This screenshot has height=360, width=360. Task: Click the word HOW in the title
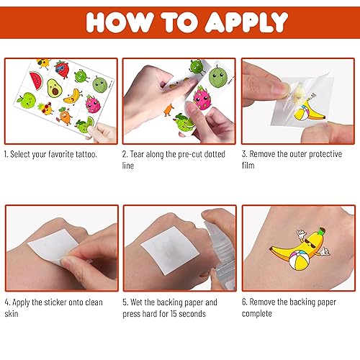point(118,22)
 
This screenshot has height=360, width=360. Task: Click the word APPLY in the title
point(246,22)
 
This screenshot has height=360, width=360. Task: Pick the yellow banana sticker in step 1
point(71,95)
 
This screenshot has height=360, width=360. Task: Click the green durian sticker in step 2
point(220,76)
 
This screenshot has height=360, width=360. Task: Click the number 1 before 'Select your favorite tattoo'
point(6,154)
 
